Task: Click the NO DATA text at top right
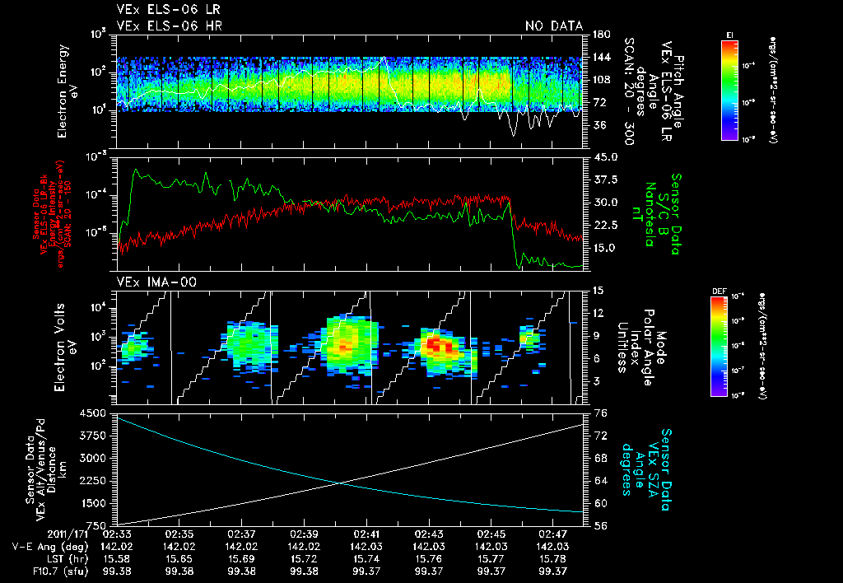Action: point(553,26)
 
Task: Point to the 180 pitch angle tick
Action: point(600,34)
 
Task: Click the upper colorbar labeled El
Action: point(729,89)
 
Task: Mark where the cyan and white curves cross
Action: point(340,483)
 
